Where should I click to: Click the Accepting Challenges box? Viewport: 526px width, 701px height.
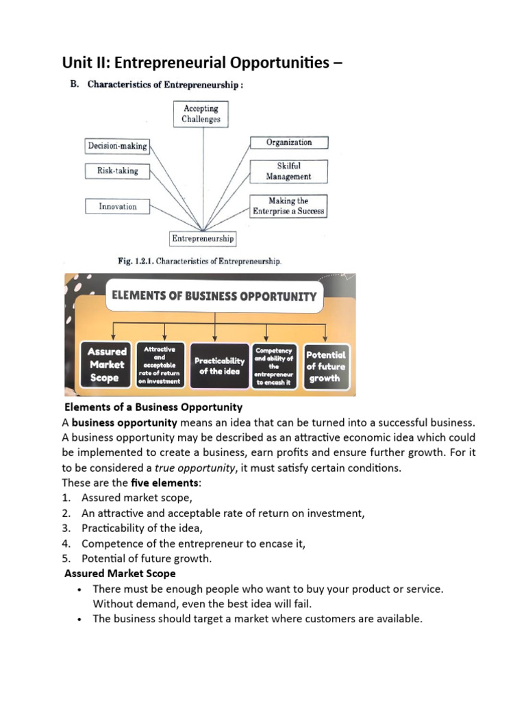click(x=201, y=114)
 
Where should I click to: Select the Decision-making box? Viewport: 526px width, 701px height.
click(x=117, y=146)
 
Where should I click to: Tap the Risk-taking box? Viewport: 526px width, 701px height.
click(x=117, y=171)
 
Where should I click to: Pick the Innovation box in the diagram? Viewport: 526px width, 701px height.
click(x=117, y=206)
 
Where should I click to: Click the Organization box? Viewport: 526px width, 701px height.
click(x=288, y=142)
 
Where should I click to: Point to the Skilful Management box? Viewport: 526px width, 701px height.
click(x=288, y=171)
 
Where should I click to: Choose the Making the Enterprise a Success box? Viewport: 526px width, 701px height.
click(x=288, y=206)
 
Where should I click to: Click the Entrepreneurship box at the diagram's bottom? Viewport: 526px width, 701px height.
click(x=203, y=239)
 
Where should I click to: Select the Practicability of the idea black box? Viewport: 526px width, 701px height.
click(x=219, y=366)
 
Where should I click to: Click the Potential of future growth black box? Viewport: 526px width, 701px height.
click(x=325, y=366)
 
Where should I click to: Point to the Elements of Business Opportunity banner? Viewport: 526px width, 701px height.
click(x=214, y=296)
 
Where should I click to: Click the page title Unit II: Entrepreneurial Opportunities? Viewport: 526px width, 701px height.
click(x=202, y=64)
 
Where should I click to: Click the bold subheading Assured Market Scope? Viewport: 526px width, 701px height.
click(x=120, y=573)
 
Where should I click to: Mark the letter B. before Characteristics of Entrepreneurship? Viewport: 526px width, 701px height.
click(x=75, y=85)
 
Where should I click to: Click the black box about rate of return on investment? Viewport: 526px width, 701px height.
click(x=162, y=366)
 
